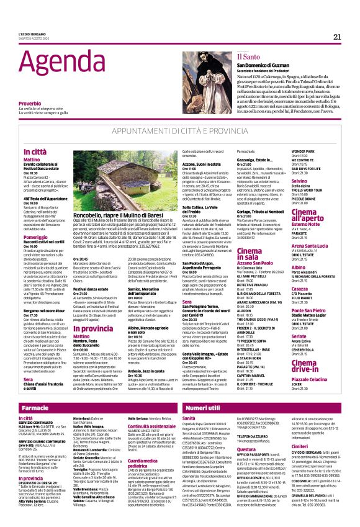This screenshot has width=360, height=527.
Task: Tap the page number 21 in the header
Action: tap(337, 37)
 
